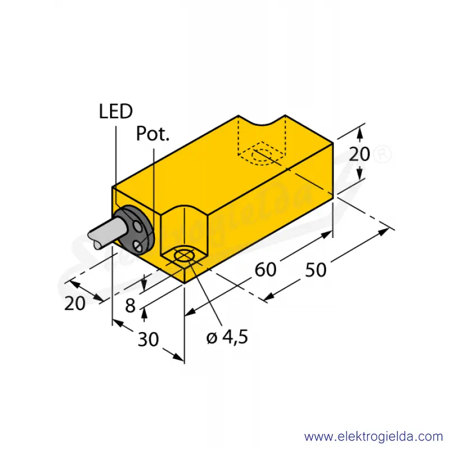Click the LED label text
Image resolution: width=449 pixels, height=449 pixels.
(116, 111)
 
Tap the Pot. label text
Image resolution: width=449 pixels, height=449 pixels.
(153, 134)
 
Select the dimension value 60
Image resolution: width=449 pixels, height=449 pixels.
(265, 269)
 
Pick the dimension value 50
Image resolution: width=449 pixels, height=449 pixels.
(315, 270)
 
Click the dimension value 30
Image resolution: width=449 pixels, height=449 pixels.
(148, 340)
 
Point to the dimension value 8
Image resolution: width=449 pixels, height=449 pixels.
(130, 305)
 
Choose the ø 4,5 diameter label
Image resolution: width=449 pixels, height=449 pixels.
(227, 337)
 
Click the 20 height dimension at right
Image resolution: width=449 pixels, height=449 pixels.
(359, 154)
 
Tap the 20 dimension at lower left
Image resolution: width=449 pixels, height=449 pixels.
(75, 304)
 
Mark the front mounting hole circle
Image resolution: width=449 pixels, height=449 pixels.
(185, 256)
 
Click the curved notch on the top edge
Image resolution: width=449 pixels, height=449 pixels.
(262, 121)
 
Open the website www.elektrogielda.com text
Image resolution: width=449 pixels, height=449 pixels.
(373, 437)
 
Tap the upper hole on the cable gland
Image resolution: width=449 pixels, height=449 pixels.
(138, 228)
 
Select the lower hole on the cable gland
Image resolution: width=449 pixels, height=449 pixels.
(139, 246)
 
